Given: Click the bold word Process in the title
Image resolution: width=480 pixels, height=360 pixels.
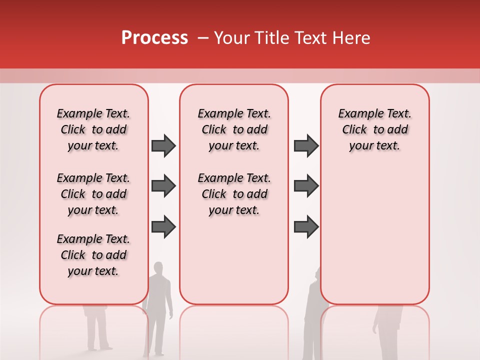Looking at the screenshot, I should point(154,38).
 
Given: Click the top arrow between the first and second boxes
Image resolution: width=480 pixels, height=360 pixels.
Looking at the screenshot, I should point(163,146).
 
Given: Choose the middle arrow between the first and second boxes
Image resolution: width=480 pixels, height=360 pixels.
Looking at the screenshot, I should point(163,186).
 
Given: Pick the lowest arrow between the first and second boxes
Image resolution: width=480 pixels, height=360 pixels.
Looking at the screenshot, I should point(163,227).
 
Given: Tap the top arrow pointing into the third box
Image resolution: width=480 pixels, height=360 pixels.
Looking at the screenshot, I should point(306,146).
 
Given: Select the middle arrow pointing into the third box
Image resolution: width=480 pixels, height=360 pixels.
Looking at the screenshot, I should point(306,186).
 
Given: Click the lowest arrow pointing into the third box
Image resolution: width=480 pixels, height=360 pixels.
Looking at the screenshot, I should point(306,227).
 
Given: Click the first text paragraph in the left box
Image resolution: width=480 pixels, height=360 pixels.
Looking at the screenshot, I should point(93,129).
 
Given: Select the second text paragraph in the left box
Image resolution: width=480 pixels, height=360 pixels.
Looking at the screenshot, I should point(93,194).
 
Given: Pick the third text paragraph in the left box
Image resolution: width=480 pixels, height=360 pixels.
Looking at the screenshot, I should point(93,255).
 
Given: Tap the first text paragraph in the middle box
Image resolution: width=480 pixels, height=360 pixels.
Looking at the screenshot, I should point(234,129).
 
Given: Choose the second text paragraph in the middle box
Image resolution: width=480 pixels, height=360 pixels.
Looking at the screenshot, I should point(234,194).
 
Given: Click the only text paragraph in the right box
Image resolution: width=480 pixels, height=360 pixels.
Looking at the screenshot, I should point(375,129).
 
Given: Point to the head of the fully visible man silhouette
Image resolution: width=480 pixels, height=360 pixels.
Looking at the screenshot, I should point(158,268).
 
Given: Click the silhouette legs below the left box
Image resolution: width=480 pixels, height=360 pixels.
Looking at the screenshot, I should point(97,330).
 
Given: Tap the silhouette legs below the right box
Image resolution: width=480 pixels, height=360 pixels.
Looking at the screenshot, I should point(387,330).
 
